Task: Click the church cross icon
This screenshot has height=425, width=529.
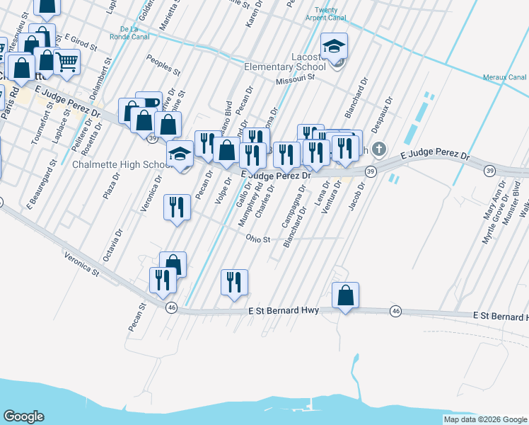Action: click(x=379, y=149)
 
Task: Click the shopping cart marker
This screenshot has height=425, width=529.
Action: click(x=67, y=62)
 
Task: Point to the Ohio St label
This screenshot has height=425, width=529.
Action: click(x=258, y=239)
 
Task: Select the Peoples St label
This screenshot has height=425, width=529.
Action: click(x=159, y=62)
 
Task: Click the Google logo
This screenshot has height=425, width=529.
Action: click(x=23, y=416)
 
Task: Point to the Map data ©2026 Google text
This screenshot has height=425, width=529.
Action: click(x=484, y=419)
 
